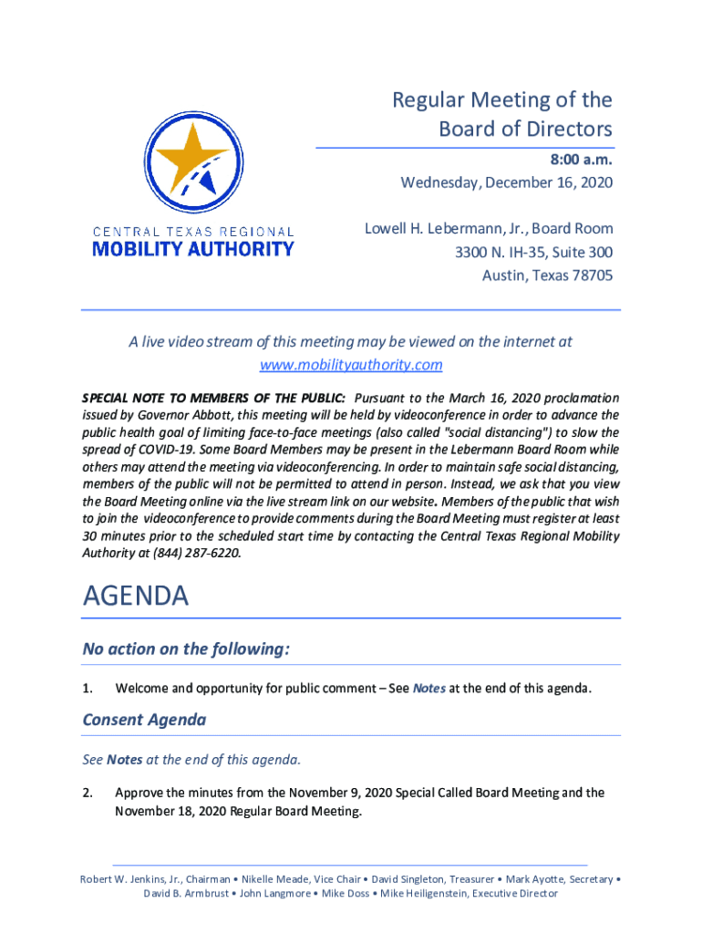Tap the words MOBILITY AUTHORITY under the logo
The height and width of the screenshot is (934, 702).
click(193, 248)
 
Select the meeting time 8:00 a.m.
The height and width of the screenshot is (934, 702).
click(581, 160)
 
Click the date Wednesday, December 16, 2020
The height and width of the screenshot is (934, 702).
click(507, 183)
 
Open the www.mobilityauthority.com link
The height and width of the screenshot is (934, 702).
click(351, 365)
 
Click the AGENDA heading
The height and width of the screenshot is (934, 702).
click(136, 597)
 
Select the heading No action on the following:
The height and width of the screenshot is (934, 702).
click(186, 649)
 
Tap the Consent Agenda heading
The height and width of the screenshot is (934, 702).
click(144, 720)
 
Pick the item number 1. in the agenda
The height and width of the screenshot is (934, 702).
click(88, 689)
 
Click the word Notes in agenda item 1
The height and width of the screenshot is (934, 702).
click(429, 689)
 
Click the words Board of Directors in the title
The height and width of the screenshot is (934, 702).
click(525, 129)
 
